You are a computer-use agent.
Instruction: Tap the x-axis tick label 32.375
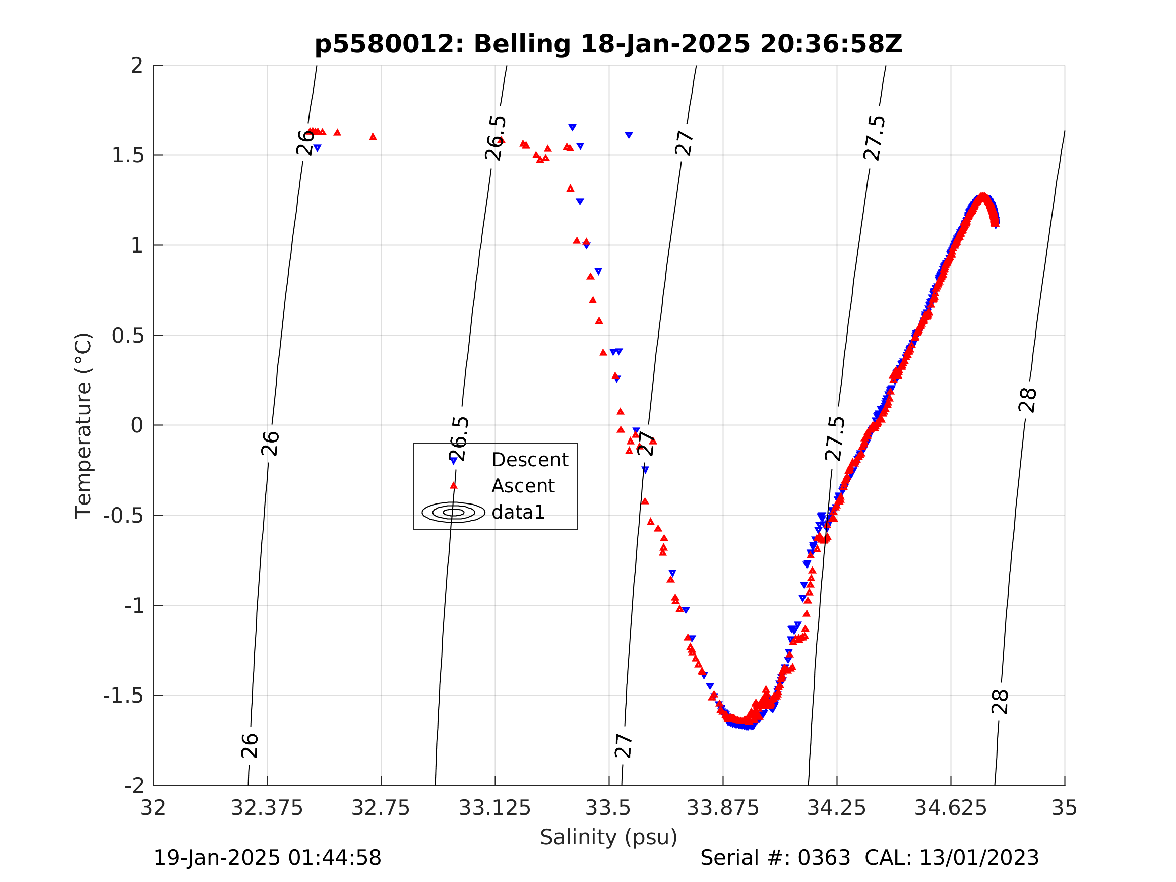coord(266,808)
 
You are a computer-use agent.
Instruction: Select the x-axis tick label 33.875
coord(722,808)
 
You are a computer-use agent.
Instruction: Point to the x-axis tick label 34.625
coord(951,808)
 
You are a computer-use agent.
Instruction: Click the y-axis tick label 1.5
coord(128,155)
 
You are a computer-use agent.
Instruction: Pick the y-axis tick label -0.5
coord(123,516)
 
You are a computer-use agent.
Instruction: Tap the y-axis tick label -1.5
coord(123,696)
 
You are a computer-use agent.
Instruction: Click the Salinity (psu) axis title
coord(609,837)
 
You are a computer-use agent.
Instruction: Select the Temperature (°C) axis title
coord(84,425)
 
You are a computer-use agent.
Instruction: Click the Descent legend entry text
coord(530,460)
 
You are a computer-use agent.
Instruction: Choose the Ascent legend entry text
coord(523,486)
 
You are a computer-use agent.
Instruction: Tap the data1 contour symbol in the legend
coord(454,513)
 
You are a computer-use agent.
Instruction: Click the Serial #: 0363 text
coord(775,858)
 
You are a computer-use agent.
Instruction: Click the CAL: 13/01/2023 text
coord(952,858)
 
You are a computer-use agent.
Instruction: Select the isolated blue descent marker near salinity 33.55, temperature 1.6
coord(629,135)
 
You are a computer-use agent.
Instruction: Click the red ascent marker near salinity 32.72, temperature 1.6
coord(373,137)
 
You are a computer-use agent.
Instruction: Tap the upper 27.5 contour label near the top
coord(875,138)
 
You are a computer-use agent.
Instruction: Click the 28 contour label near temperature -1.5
coord(1000,702)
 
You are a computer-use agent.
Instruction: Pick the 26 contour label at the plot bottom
coord(250,746)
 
